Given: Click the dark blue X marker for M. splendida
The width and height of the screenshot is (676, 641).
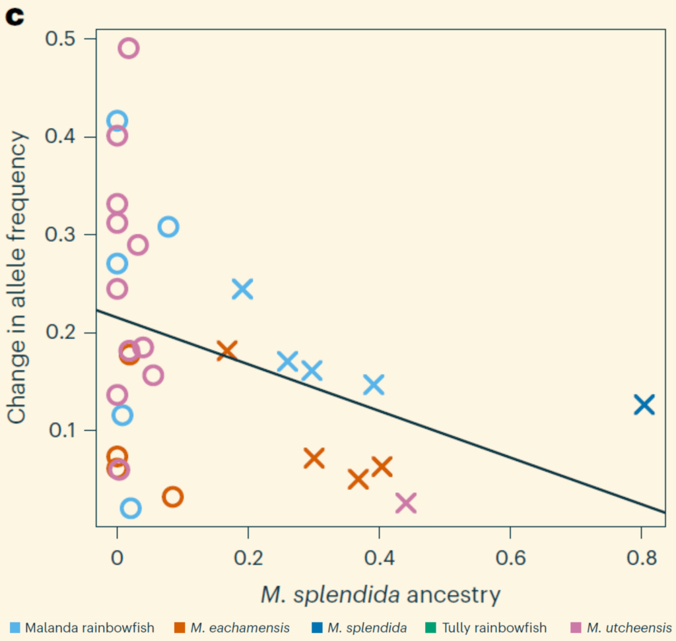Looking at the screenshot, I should tap(644, 404).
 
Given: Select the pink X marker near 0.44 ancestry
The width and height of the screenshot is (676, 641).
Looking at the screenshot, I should tap(406, 503).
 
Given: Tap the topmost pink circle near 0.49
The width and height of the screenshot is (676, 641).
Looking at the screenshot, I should tap(129, 48).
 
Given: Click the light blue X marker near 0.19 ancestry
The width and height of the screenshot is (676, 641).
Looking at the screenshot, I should tap(243, 288).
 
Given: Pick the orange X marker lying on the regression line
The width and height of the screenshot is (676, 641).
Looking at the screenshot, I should tap(227, 350).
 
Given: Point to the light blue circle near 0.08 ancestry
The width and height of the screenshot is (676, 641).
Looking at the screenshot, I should tap(168, 227).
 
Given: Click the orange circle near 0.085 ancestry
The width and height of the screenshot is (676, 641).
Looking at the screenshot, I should tap(172, 497).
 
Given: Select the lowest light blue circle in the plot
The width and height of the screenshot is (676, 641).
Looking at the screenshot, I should tap(131, 508).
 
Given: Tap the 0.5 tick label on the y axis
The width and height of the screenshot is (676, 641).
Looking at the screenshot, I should tap(61, 39).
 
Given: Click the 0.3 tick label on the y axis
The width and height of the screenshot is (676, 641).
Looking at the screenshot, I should tap(61, 235).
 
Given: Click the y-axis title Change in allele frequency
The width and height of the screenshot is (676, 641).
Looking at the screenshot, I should tap(18, 277).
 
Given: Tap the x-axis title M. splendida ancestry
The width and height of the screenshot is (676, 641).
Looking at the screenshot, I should tap(380, 595).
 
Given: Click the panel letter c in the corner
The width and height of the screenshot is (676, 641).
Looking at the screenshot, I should tap(15, 16).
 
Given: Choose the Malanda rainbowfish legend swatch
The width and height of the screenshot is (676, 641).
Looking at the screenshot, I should tap(15, 627).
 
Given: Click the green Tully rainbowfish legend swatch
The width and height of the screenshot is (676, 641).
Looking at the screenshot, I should tap(432, 627).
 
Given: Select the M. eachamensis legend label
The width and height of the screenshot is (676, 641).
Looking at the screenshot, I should tap(240, 627).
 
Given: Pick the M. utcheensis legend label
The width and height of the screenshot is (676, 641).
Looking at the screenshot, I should tap(629, 627).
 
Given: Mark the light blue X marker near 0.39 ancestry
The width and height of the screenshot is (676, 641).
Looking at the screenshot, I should tap(374, 384).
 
